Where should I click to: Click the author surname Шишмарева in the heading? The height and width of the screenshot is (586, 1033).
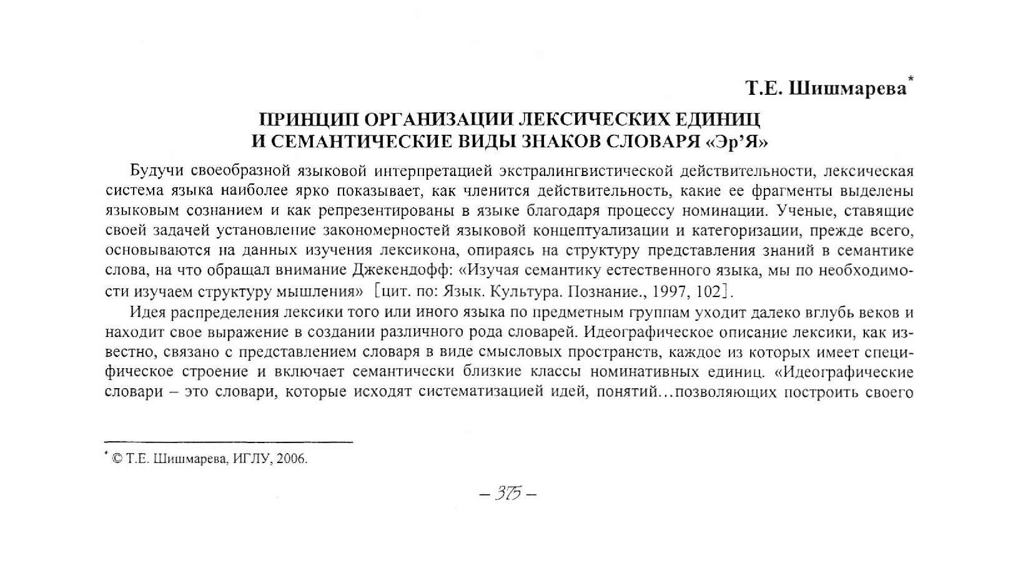click(848, 89)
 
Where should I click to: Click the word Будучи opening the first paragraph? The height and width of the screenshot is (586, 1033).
click(156, 170)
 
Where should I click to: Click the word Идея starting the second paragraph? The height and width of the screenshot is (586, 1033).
click(147, 311)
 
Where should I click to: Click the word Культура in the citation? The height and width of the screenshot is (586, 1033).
click(523, 291)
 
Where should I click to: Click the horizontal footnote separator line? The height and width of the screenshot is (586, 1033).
click(229, 442)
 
